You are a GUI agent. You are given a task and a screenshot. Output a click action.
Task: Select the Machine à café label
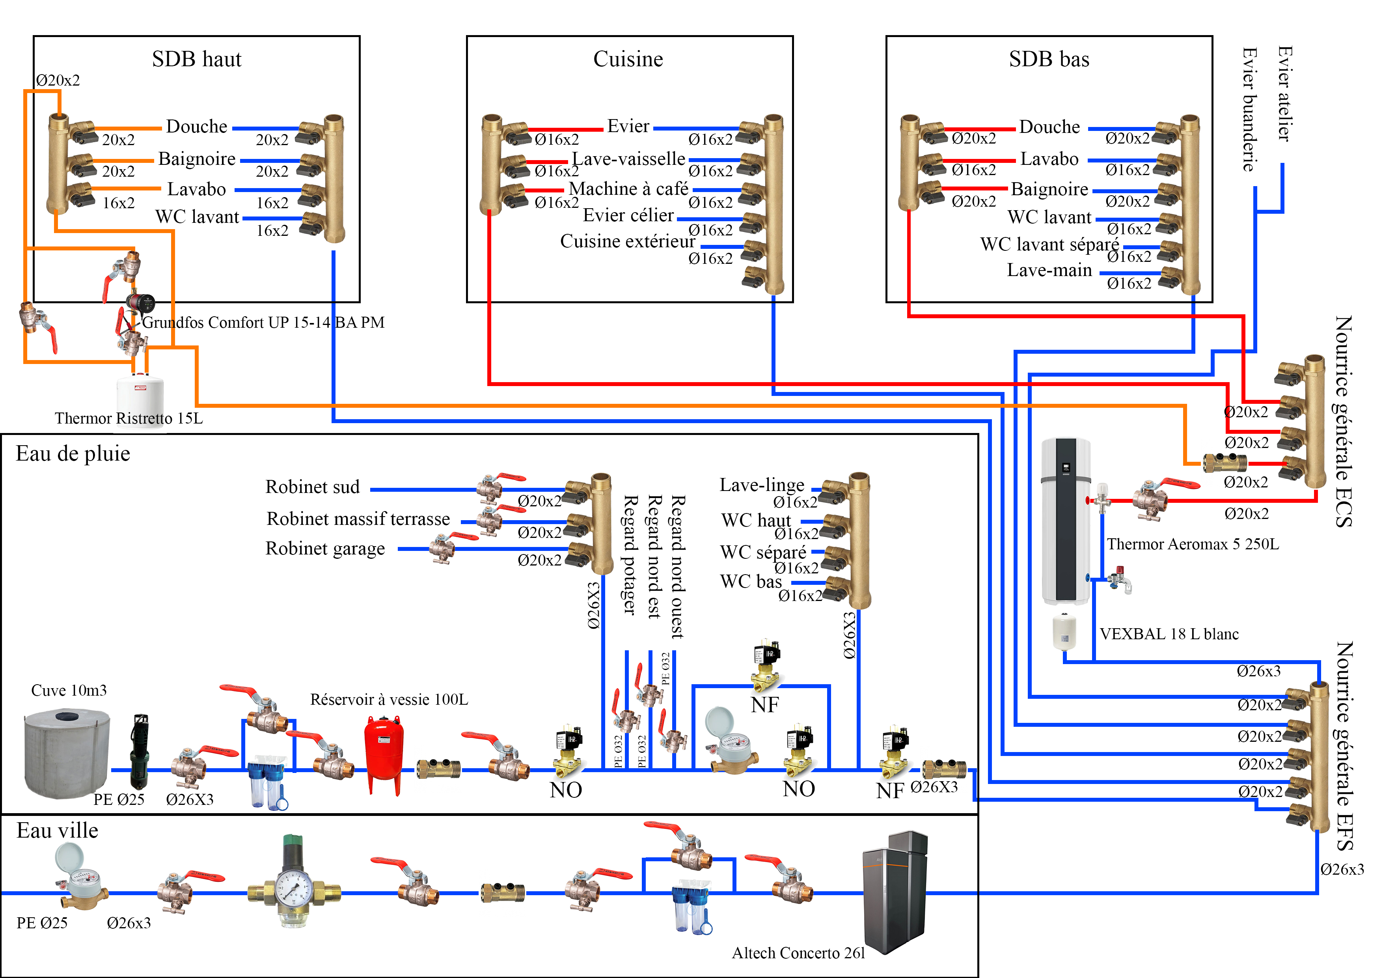tap(628, 189)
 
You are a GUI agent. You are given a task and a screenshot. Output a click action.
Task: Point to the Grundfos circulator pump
tap(141, 302)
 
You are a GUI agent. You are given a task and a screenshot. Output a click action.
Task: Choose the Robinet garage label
tap(325, 549)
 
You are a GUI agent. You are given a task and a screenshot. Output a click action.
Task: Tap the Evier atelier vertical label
tap(1284, 93)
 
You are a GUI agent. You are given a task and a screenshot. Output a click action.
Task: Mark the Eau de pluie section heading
tap(73, 453)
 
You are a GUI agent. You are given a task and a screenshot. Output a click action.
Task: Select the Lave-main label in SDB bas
tap(1049, 270)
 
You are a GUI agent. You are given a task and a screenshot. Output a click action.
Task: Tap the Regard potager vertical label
tap(630, 554)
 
